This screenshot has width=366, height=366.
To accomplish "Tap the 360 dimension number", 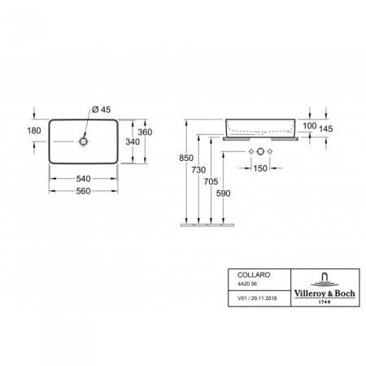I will tap(145, 131).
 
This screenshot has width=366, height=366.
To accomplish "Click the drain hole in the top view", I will tap(83, 142).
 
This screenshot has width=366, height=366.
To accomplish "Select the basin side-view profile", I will tap(263, 127).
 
